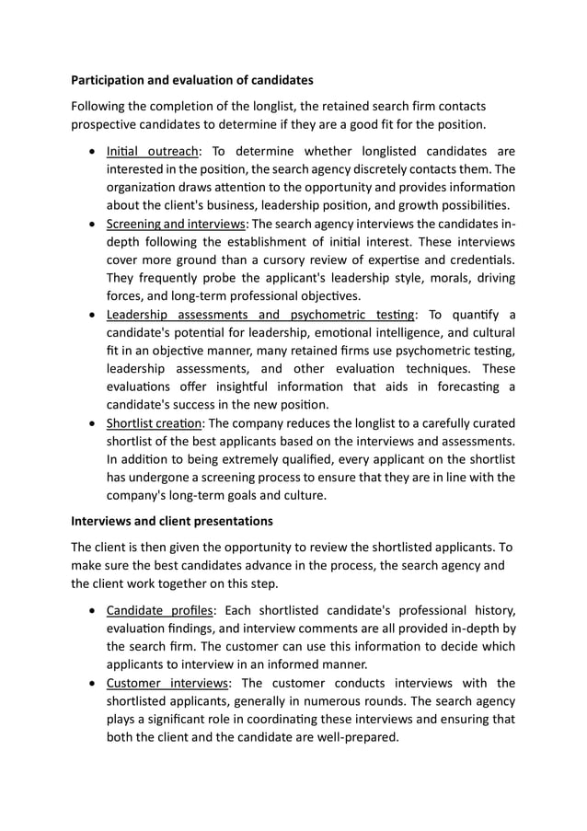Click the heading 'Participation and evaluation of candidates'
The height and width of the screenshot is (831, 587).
192,80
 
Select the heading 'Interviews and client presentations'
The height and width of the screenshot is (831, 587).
172,521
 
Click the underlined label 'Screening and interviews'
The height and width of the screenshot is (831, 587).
176,224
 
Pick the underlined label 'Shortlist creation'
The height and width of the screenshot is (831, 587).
154,423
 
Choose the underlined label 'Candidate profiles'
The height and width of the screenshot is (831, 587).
159,611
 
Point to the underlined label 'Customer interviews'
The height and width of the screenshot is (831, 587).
167,683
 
